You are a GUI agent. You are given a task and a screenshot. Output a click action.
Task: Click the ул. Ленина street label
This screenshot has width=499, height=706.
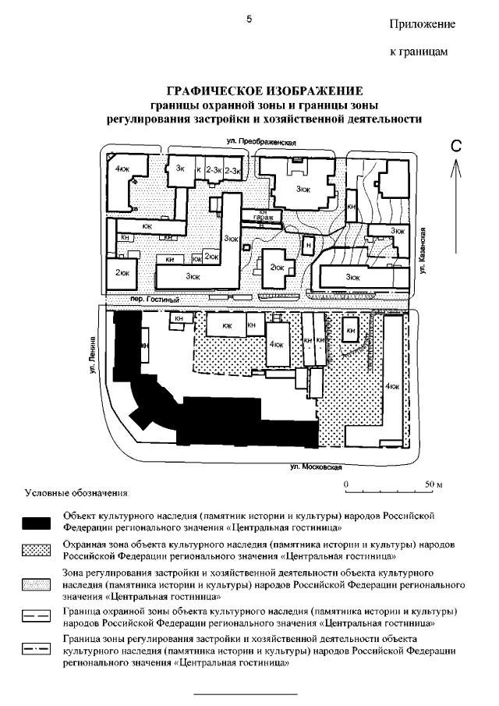(93, 358)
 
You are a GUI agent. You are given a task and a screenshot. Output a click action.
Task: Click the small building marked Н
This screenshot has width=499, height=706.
(309, 245)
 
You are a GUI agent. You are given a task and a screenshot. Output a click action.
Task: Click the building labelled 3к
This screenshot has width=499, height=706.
(180, 169)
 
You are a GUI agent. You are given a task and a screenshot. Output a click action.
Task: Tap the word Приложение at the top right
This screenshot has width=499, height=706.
(422, 24)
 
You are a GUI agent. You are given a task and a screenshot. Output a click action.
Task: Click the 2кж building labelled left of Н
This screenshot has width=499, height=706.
(277, 267)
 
